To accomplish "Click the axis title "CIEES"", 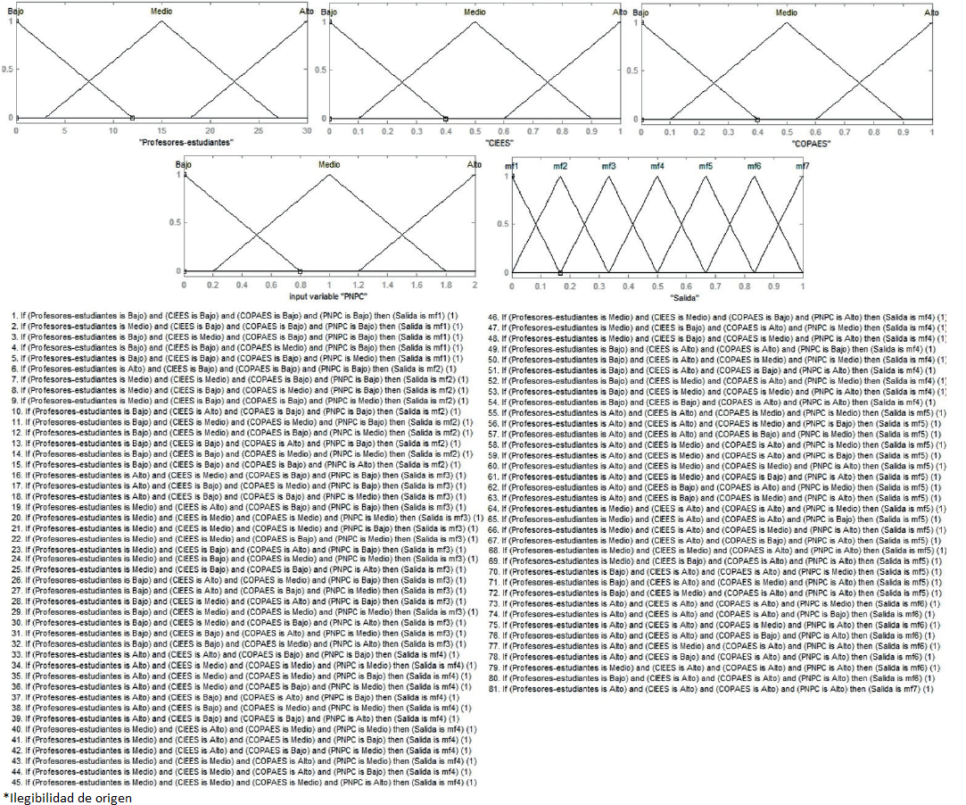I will (474, 142).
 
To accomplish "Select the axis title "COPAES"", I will (786, 142).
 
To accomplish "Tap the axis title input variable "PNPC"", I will (329, 295).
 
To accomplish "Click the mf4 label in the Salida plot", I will (656, 167).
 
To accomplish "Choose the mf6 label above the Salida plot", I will (754, 167).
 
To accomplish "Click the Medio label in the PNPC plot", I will (329, 165).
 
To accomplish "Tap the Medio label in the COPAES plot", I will (786, 12).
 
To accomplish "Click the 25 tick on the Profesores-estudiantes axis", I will (258, 130).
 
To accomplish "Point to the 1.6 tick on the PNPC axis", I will (416, 284).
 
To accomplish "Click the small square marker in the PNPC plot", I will (300, 271).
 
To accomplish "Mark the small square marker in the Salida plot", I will (560, 272).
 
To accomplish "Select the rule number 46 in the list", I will (492, 316).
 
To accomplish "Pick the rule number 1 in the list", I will (15, 316).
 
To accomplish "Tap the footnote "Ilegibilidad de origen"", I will (68, 798).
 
